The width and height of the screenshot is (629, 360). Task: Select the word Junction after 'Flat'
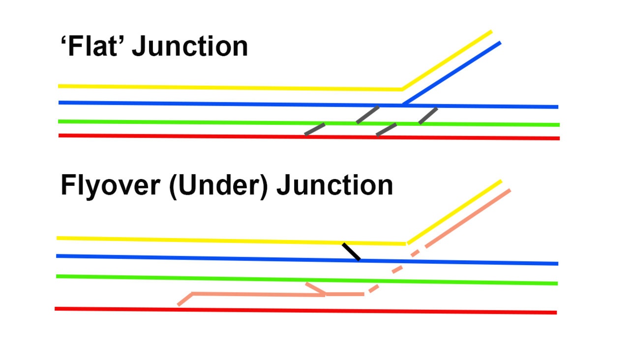[190, 47]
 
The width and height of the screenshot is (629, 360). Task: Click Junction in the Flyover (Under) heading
[334, 186]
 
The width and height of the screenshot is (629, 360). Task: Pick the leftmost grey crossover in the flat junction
[315, 128]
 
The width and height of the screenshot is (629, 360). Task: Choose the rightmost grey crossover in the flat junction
[428, 116]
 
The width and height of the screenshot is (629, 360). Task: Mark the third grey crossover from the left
[387, 129]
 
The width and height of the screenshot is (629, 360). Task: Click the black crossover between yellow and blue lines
[351, 251]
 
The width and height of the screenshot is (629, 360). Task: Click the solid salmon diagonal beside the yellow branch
[467, 218]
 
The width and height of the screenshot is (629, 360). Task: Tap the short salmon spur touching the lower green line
[315, 288]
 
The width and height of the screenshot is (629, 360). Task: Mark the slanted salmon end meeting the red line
[184, 300]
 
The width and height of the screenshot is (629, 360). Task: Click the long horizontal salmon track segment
[256, 295]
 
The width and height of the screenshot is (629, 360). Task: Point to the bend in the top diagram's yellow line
[402, 89]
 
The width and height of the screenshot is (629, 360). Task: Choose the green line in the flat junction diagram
[197, 122]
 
